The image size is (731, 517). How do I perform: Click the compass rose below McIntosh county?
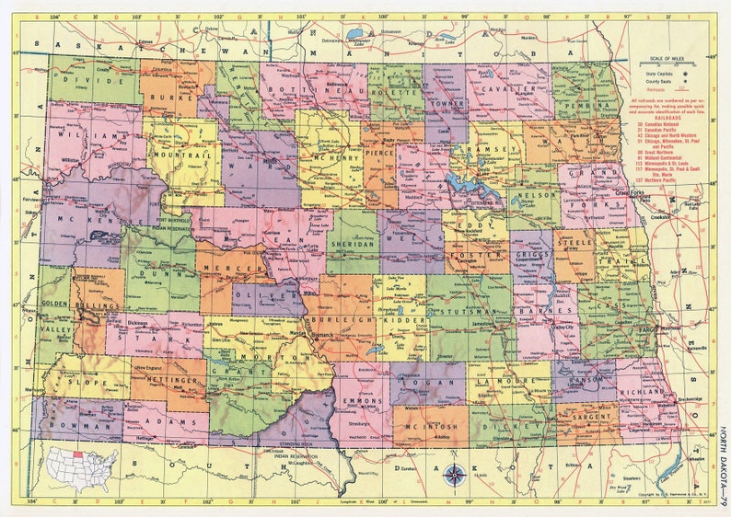click(x=454, y=475)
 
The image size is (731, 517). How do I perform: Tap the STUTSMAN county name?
click(x=468, y=298)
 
